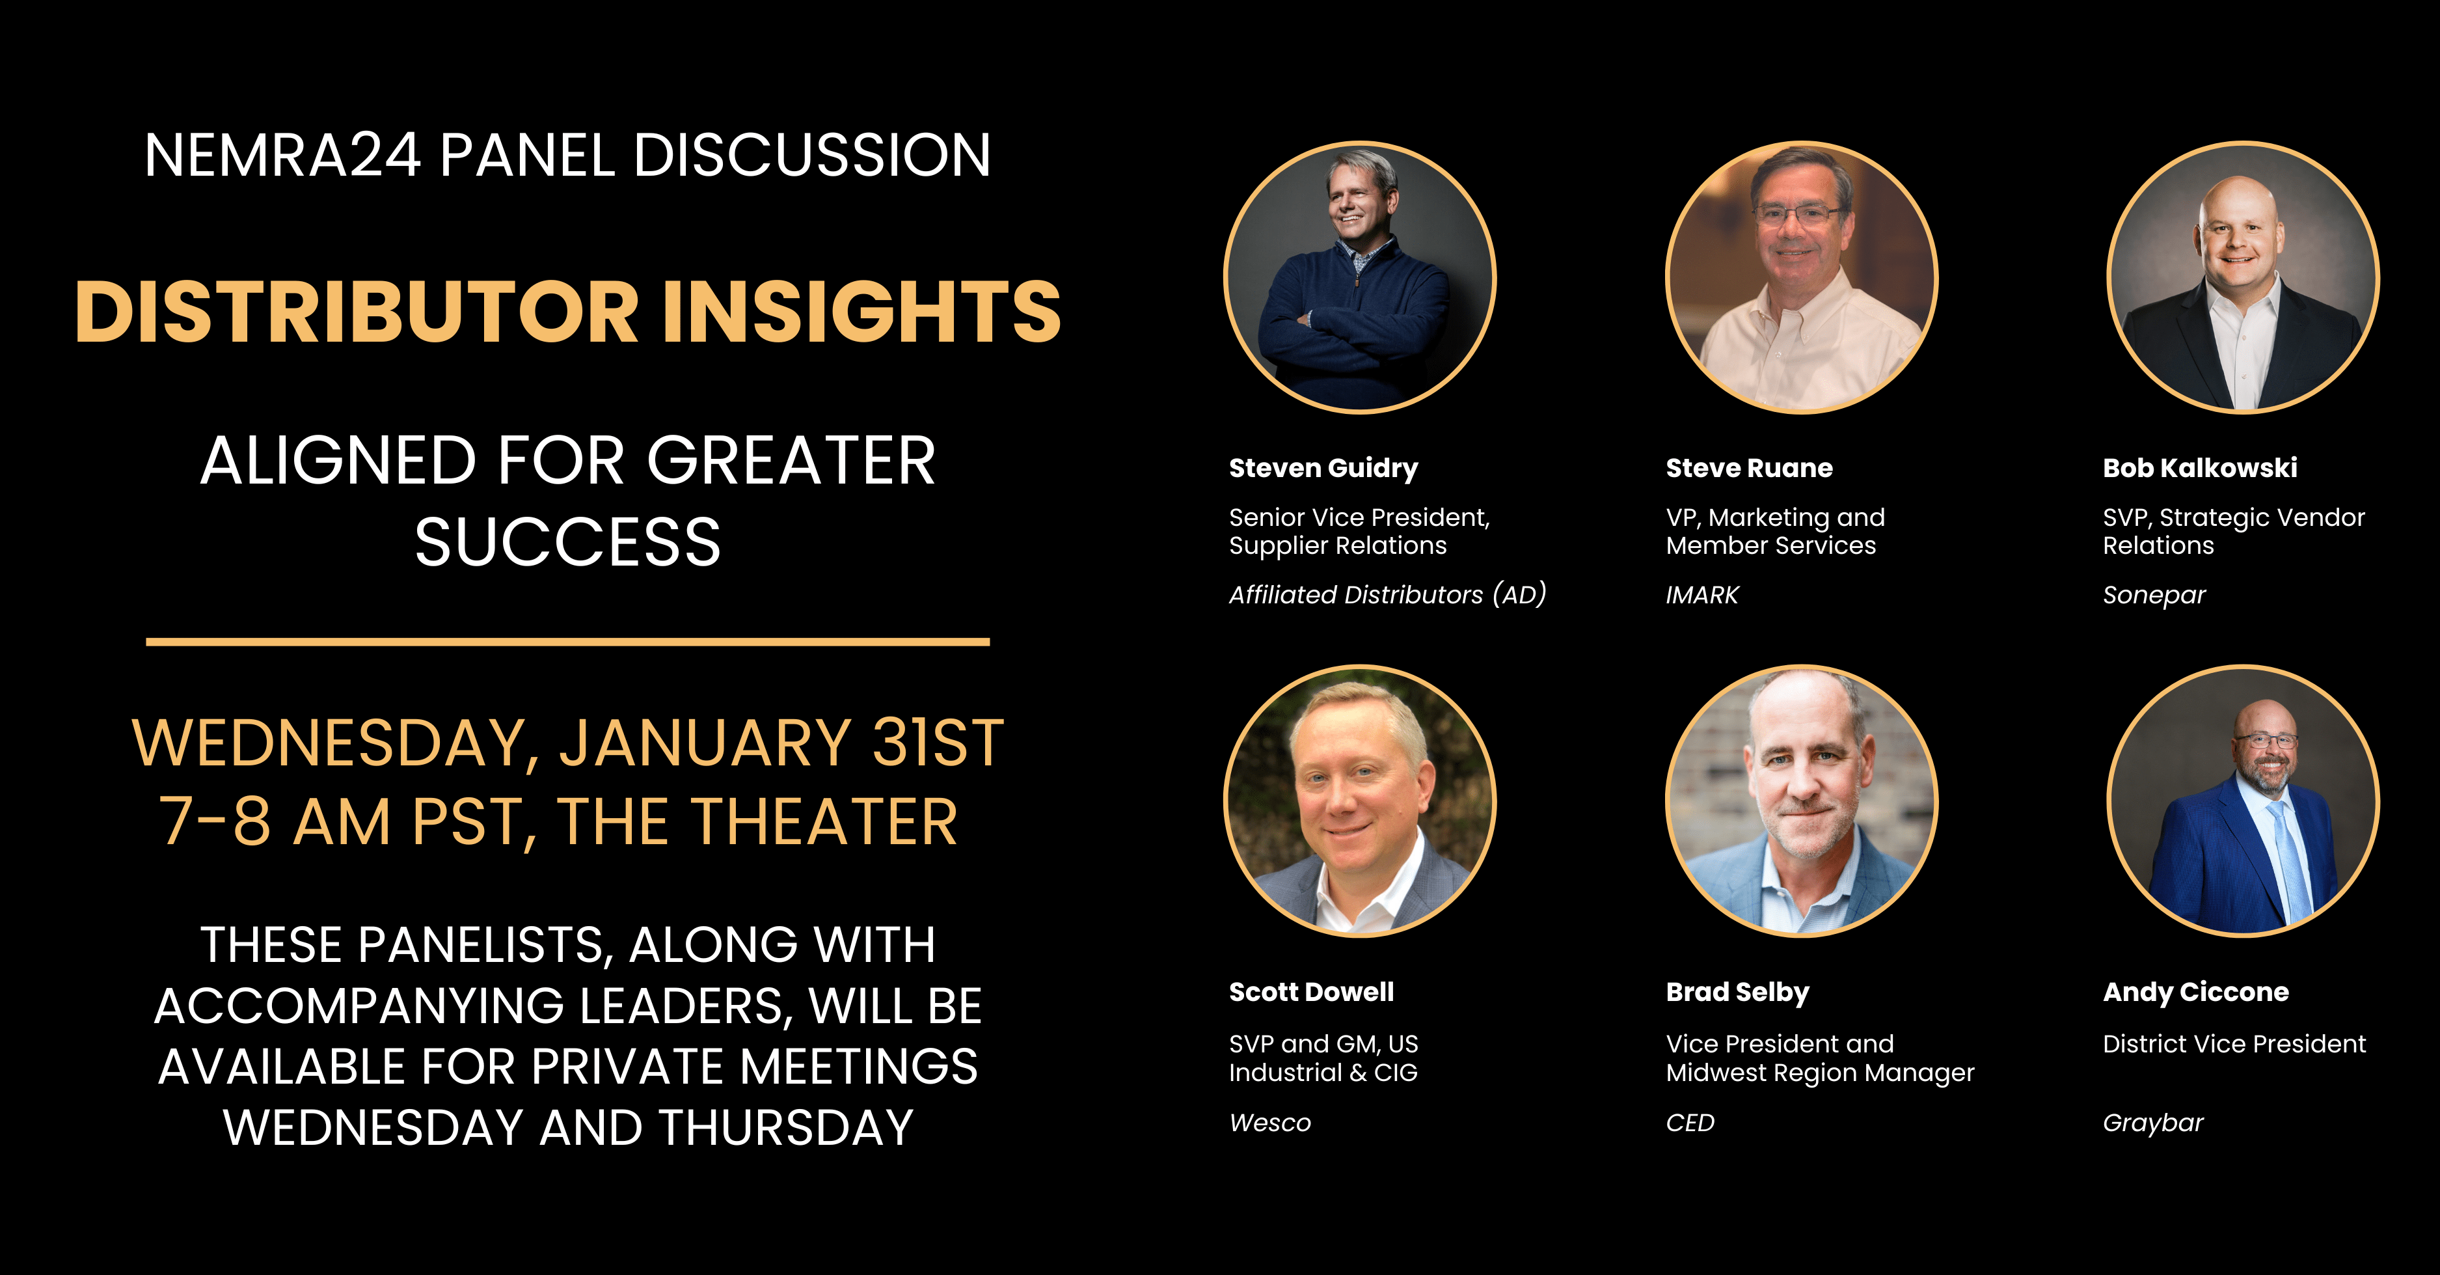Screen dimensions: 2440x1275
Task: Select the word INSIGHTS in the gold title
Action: (862, 312)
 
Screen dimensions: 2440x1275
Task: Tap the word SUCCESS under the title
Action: (567, 543)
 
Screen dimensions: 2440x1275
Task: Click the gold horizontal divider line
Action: (567, 642)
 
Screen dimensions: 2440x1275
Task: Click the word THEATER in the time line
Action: (825, 821)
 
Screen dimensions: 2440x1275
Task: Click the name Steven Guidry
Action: (1323, 469)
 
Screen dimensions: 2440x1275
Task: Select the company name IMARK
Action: (1702, 595)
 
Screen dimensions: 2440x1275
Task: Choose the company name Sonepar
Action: (2154, 596)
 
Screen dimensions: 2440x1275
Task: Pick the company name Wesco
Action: (1270, 1123)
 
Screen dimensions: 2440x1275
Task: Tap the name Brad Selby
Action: (1737, 993)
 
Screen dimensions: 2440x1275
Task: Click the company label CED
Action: (1690, 1123)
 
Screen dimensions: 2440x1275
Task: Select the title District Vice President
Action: (2234, 1044)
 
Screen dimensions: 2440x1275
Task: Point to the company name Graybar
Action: (2153, 1123)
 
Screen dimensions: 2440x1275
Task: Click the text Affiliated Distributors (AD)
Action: (1388, 595)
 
